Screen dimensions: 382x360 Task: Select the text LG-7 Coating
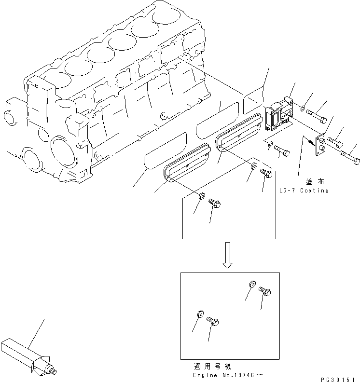(304, 191)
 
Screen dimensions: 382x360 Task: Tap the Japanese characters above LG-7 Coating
(314, 181)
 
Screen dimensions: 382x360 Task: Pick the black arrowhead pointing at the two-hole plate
(306, 141)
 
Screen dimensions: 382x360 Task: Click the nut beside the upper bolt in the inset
(251, 284)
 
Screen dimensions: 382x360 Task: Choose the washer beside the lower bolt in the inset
(199, 314)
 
